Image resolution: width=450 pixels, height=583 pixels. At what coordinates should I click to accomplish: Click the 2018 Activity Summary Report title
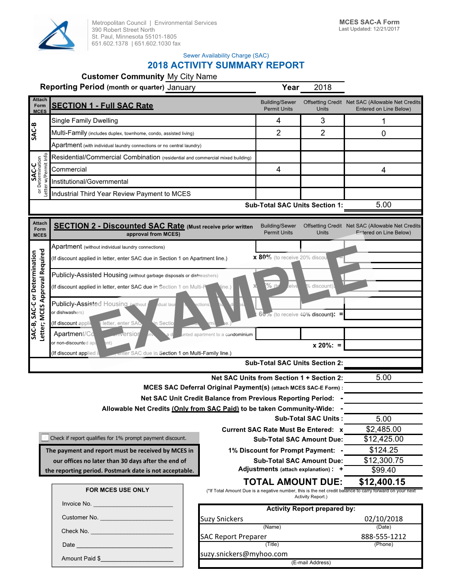pyautogui.click(x=225, y=65)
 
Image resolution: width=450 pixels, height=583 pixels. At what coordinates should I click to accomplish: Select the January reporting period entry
pyautogui.click(x=181, y=87)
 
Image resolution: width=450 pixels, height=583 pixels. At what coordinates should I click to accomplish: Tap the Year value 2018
pyautogui.click(x=322, y=87)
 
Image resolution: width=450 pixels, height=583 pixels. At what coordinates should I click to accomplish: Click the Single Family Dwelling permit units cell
pyautogui.click(x=278, y=121)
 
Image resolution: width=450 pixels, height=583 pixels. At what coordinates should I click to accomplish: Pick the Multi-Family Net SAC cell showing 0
pyautogui.click(x=383, y=133)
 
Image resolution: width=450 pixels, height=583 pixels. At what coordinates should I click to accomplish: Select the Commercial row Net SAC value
pyautogui.click(x=383, y=170)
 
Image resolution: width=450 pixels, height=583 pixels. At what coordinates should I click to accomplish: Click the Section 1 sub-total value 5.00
pyautogui.click(x=383, y=205)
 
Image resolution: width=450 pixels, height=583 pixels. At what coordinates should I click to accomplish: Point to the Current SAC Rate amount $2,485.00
pyautogui.click(x=383, y=429)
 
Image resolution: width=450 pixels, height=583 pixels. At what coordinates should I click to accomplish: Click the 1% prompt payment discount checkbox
pyautogui.click(x=45, y=438)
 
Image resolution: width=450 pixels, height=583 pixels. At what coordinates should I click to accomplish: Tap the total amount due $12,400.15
pyautogui.click(x=382, y=482)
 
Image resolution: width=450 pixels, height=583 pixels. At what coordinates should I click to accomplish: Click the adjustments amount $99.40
pyautogui.click(x=383, y=470)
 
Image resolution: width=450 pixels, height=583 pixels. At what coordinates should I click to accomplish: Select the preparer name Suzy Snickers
pyautogui.click(x=222, y=519)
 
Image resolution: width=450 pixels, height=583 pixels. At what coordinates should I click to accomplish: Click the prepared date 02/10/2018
pyautogui.click(x=383, y=519)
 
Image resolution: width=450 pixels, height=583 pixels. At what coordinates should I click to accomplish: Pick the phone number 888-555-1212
pyautogui.click(x=383, y=537)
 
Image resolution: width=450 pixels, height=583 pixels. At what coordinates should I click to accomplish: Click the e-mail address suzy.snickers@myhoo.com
pyautogui.click(x=244, y=554)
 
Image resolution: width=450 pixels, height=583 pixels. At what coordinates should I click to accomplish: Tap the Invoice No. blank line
pyautogui.click(x=133, y=504)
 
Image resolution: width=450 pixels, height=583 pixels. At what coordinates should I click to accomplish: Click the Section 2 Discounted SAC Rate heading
pyautogui.click(x=119, y=226)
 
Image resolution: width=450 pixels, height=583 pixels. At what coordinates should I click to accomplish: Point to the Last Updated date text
pyautogui.click(x=369, y=29)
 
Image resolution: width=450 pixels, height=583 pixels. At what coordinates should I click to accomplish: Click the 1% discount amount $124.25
pyautogui.click(x=383, y=450)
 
